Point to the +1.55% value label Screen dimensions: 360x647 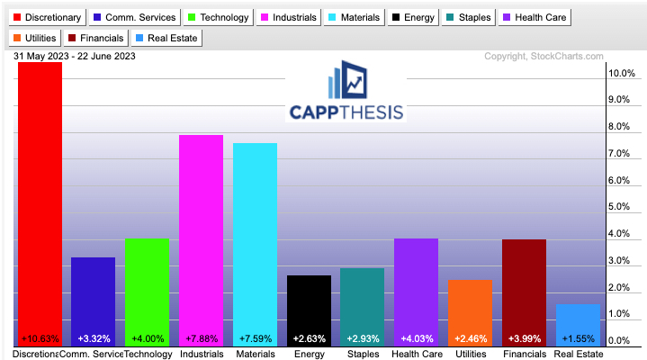577,338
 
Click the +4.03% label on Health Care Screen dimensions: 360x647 416,338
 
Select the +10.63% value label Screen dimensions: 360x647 40,338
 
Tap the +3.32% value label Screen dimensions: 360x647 94,338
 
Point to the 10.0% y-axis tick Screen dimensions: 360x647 623,73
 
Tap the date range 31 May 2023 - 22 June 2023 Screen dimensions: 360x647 74,56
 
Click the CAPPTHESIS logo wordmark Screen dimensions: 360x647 346,111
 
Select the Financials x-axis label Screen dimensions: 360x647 523,354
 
